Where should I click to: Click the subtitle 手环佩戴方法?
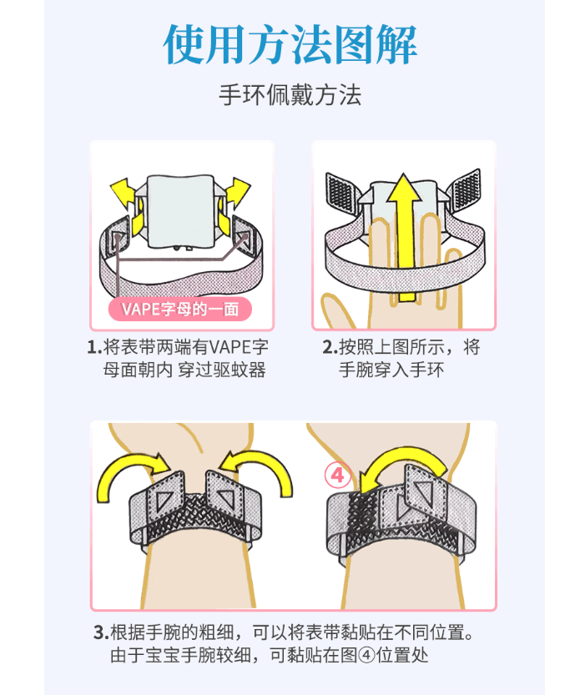point(290,94)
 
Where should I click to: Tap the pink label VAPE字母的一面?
point(180,309)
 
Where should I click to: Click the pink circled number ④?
point(337,476)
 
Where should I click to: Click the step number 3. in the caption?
point(100,632)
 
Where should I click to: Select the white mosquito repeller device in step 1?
point(179,213)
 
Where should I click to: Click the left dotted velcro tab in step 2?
point(344,194)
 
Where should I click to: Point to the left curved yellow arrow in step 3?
point(125,477)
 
